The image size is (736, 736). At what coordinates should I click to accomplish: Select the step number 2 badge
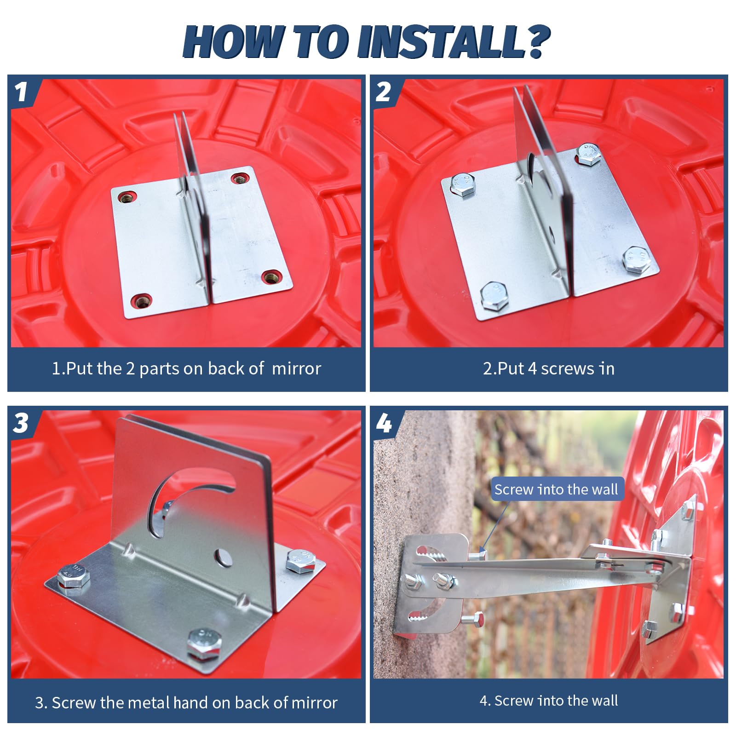[x=384, y=92]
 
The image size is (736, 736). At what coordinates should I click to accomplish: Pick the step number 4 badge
[x=384, y=423]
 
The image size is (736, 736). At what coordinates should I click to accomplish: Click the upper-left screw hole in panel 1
[x=126, y=198]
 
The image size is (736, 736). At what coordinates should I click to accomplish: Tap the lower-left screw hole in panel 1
[x=141, y=302]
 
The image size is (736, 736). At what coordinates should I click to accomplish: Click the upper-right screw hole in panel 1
[x=240, y=178]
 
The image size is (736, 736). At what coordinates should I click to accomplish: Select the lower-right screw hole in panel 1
[x=272, y=277]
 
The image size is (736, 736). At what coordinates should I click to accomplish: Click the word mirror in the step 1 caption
[x=296, y=369]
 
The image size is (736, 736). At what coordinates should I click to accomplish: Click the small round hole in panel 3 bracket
[x=224, y=558]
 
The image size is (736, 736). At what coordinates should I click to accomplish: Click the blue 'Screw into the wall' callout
[x=557, y=489]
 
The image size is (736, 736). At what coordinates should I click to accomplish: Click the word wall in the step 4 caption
[x=605, y=701]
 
